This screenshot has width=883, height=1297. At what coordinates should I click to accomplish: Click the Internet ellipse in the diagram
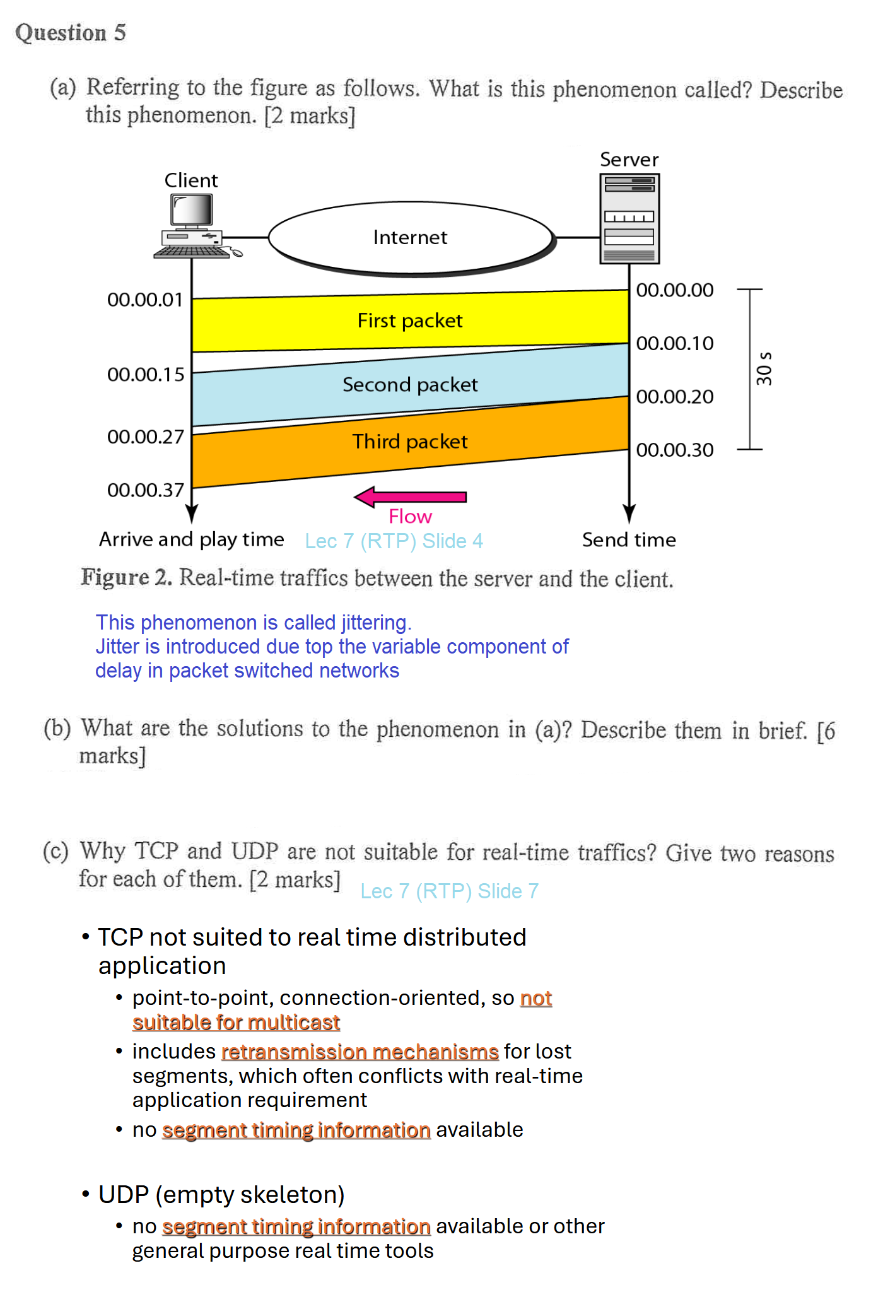click(411, 238)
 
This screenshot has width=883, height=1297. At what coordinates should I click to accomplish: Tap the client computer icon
click(192, 227)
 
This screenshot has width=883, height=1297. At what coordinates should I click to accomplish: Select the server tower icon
click(629, 218)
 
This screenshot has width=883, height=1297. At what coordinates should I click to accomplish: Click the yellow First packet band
click(410, 321)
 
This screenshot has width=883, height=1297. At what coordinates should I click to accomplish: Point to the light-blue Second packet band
click(410, 385)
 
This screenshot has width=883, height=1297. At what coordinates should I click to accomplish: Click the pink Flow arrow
click(411, 497)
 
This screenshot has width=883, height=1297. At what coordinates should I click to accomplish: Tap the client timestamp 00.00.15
click(146, 375)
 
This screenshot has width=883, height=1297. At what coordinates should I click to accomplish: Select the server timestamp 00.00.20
click(674, 397)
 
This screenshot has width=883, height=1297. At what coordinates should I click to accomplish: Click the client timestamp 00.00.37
click(146, 490)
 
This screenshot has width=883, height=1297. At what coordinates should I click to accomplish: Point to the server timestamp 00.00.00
click(674, 290)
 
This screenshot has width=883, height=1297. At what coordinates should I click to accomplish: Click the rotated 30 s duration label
click(764, 368)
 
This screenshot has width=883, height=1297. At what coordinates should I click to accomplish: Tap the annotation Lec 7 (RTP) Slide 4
click(394, 541)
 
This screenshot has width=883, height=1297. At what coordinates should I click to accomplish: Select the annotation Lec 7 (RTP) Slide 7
click(449, 891)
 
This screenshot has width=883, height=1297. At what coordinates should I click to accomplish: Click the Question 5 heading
click(71, 33)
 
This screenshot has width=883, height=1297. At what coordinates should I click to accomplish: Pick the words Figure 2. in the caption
click(126, 578)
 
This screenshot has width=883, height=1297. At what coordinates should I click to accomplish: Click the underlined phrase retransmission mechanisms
click(360, 1052)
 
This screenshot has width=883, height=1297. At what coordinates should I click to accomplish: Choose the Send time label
click(629, 540)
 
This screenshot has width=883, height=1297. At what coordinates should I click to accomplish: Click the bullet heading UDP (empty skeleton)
click(221, 1195)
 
